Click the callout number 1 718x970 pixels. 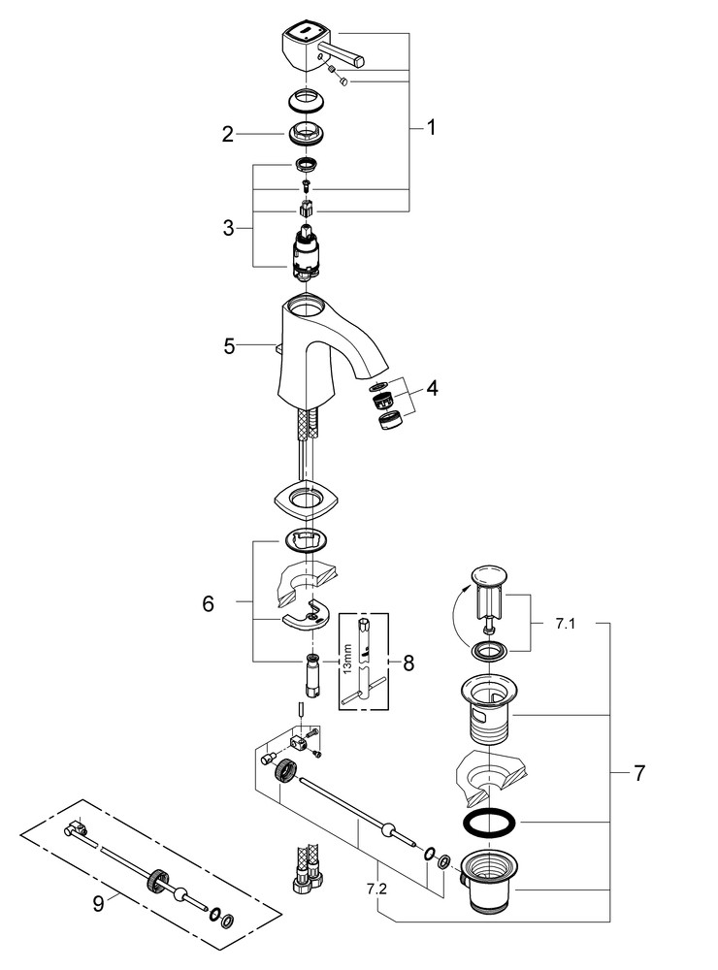(431, 128)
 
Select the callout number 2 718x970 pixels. (228, 135)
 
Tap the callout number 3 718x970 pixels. (228, 228)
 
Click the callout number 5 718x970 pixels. (229, 344)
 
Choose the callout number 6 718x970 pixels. (208, 603)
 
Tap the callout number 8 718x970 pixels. (408, 663)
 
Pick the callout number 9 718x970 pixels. (98, 903)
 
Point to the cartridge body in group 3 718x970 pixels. (305, 254)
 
